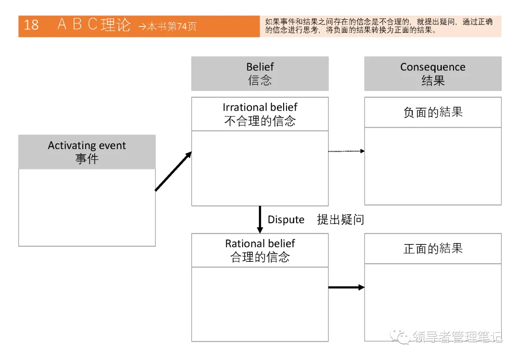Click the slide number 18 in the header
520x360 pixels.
[31, 25]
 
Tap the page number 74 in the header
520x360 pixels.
[182, 26]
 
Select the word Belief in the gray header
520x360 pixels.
[260, 67]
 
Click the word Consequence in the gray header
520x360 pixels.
[433, 67]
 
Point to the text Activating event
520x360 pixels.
[87, 145]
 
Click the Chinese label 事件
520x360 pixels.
[87, 159]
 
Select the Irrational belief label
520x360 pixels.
[260, 107]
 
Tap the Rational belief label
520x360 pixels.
[260, 244]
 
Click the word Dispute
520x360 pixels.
[286, 220]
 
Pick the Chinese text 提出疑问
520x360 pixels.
[340, 220]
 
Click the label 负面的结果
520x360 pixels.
[433, 112]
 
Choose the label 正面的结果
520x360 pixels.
[433, 248]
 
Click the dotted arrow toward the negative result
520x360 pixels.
[346, 151]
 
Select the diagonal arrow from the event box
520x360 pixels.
[173, 171]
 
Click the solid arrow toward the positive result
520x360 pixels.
[346, 287]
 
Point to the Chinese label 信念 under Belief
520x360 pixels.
[260, 80]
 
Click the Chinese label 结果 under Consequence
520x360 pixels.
[433, 80]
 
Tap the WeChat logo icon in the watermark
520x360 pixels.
[400, 336]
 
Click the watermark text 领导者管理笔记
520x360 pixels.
[457, 337]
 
